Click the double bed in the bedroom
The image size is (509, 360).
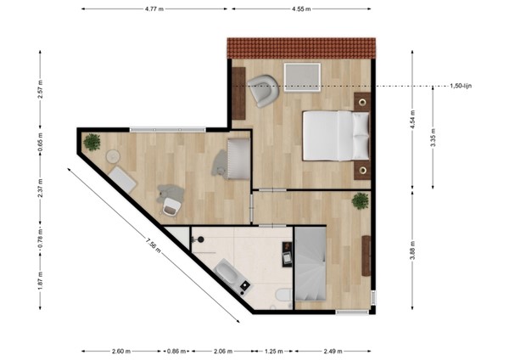[336, 136]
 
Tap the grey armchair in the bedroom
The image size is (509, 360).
[264, 90]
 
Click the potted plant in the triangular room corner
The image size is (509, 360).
[92, 143]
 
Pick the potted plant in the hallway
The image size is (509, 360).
[361, 202]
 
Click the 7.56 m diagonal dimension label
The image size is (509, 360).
[151, 245]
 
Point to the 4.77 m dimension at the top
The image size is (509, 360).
[154, 9]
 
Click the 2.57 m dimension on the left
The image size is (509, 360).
[40, 90]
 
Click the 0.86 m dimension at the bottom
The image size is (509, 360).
[176, 350]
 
